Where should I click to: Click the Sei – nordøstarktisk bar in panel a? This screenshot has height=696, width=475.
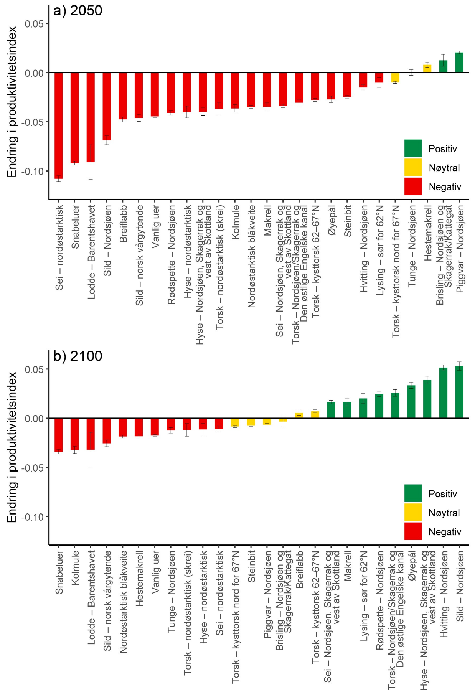click(58, 125)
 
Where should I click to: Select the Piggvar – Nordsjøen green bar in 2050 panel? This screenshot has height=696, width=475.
click(459, 63)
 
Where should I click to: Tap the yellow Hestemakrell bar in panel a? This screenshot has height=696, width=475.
click(427, 69)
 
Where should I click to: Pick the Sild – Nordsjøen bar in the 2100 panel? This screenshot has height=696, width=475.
click(459, 392)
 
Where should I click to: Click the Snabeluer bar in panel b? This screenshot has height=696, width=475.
click(58, 434)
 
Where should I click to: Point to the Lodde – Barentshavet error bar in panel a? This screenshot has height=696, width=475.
click(91, 162)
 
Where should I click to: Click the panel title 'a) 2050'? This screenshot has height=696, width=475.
click(78, 10)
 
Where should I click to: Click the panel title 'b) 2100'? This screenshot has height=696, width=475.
click(78, 356)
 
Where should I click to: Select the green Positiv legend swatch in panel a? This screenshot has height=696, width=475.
click(413, 148)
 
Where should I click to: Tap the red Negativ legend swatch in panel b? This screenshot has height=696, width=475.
click(413, 531)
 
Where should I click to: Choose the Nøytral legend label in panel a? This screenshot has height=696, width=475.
click(444, 168)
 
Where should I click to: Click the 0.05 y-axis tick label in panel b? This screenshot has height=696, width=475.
click(34, 369)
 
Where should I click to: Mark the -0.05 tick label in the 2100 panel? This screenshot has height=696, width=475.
click(32, 468)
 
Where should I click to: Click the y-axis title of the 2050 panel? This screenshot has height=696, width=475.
click(12, 102)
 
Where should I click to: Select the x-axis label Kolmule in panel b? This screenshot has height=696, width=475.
click(75, 568)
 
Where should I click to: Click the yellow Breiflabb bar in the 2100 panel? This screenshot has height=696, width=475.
click(299, 416)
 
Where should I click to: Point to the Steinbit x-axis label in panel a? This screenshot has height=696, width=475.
click(348, 221)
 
